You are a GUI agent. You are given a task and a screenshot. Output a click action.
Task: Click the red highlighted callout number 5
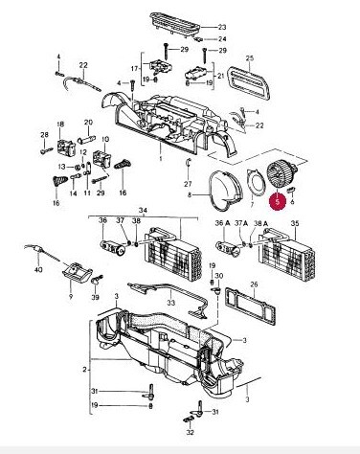278,201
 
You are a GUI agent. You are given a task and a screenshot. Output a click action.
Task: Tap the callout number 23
222,28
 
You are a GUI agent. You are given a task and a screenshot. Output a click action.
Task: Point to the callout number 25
250,58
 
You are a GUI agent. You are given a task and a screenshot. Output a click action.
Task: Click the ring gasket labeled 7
256,182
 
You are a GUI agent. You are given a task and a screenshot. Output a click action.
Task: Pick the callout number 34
143,211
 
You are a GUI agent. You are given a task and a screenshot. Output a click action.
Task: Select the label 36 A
223,223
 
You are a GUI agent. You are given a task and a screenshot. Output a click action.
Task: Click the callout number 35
295,223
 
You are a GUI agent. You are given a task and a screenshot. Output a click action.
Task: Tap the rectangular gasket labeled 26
251,306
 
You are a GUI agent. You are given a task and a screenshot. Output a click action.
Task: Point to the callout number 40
38,270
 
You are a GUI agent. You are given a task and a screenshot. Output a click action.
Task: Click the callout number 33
171,302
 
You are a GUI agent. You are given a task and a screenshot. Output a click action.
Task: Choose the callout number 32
191,432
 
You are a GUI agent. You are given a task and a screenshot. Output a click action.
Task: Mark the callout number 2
84,370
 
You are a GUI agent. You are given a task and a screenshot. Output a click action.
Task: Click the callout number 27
188,184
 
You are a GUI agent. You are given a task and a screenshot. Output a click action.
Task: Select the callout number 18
60,125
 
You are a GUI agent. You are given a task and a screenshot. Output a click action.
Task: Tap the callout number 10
105,140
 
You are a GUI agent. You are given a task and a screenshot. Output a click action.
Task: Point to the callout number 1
161,159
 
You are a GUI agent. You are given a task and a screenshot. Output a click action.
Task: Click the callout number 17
134,69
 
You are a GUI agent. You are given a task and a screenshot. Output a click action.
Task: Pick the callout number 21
221,76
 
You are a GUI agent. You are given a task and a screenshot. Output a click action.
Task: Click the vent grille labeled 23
174,24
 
